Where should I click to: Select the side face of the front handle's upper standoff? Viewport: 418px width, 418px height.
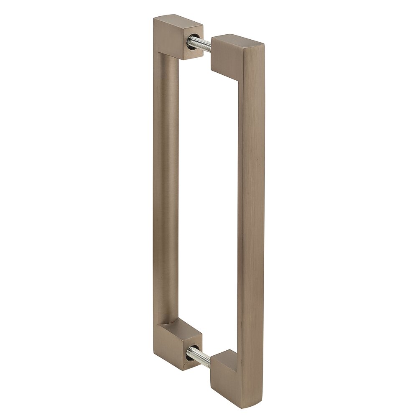226,56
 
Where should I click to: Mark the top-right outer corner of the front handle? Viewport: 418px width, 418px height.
264,43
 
